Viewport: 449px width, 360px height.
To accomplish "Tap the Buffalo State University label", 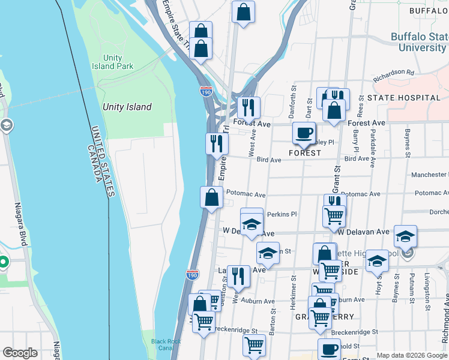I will pos(420,42).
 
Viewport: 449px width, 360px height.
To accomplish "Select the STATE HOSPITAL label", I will pos(404,97).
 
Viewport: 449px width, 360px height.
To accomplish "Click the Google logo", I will pos(20,353).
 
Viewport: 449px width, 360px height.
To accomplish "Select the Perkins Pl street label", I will pos(282,214).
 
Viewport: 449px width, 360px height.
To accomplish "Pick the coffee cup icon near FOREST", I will pos(304,133).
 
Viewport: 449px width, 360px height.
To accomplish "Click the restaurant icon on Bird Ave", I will pos(217,144).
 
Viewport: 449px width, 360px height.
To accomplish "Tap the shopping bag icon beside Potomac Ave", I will pos(211,197).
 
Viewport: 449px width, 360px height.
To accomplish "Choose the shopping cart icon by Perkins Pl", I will pos(334,215).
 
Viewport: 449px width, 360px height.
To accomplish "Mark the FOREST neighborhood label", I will pos(304,153).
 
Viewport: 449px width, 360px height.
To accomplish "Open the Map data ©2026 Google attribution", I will pos(411,355).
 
